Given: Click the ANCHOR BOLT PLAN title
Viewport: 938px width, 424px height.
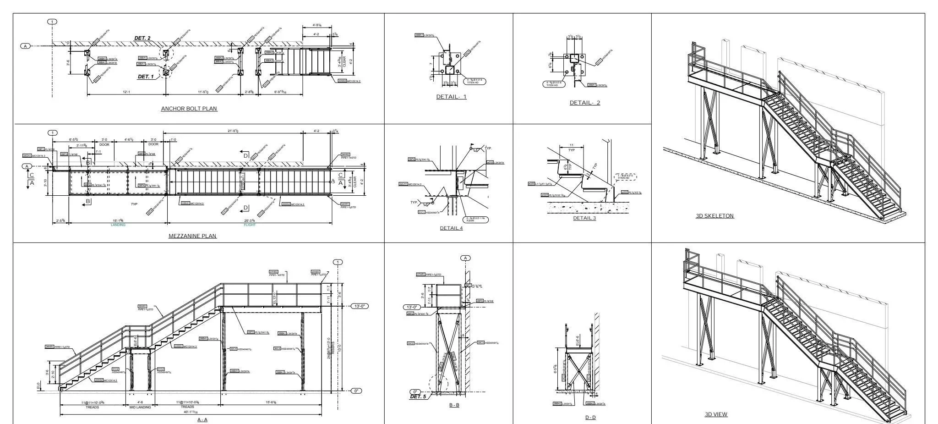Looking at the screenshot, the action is click(189, 109).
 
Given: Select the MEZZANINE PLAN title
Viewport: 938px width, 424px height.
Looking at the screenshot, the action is click(192, 236).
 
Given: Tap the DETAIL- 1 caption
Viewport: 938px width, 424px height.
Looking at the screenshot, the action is click(451, 97).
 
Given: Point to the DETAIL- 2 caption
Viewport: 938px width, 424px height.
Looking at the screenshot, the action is click(584, 103).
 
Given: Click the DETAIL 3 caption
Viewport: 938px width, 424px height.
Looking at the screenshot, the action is click(584, 218).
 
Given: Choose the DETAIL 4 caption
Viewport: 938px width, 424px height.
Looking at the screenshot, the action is click(451, 228).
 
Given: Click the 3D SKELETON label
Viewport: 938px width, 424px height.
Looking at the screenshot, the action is click(714, 216).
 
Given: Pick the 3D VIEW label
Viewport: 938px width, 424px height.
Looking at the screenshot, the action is click(715, 414).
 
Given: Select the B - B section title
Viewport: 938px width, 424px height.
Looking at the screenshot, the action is click(454, 405).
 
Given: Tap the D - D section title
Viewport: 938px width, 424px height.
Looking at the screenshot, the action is click(590, 417).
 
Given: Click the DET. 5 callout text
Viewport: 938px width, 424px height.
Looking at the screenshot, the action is click(418, 396).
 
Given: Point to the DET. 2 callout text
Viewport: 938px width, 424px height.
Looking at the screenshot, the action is click(142, 38).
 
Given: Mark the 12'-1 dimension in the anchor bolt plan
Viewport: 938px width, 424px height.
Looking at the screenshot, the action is click(126, 92).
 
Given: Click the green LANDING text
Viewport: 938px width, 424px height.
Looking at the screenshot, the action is click(118, 225).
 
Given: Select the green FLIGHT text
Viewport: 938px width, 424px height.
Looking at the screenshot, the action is click(250, 225).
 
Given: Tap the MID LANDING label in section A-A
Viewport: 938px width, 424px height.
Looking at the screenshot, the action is click(140, 407).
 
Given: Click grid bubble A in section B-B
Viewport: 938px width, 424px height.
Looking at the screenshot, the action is click(465, 258).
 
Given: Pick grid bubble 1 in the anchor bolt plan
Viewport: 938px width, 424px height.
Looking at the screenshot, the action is click(52, 22).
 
